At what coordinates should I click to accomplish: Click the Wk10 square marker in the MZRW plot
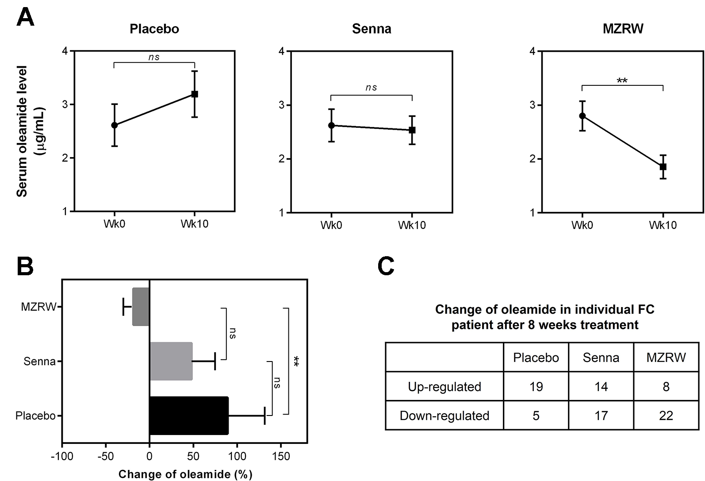tap(663, 167)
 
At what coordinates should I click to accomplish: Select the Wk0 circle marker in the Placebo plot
tap(115, 125)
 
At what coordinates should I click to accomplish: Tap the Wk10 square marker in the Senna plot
tap(412, 130)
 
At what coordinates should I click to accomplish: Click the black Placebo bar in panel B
tap(189, 416)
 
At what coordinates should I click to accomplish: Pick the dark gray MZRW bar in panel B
tap(141, 307)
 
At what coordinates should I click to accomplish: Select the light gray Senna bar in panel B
tap(171, 361)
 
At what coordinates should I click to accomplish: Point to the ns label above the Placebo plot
tap(153, 57)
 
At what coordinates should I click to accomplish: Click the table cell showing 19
tap(536, 387)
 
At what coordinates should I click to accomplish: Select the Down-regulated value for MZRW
tap(666, 416)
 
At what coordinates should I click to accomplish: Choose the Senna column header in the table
tap(601, 358)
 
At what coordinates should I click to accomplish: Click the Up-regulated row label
tap(444, 387)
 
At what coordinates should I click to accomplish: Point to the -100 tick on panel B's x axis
tap(62, 456)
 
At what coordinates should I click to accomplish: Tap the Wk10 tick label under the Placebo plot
tap(194, 224)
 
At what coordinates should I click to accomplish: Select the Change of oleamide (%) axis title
tap(185, 474)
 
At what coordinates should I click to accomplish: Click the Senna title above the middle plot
tap(371, 29)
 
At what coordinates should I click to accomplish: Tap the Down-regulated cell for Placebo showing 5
tap(536, 416)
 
